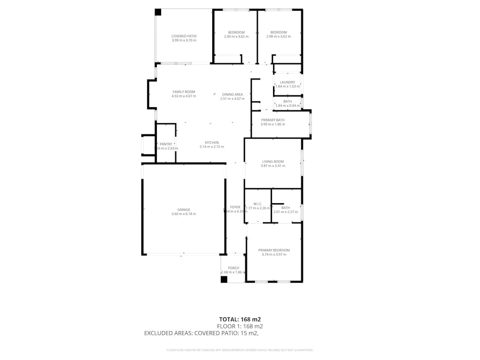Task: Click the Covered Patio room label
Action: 183,36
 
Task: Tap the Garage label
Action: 183,210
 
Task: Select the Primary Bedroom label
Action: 274,250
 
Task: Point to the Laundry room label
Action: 287,82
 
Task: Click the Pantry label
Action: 166,144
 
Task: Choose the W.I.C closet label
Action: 257,204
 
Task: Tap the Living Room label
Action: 273,162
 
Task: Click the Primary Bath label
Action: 273,120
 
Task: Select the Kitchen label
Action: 212,142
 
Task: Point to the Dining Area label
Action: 232,94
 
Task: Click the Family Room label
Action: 183,92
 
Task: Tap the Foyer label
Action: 235,207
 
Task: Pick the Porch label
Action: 233,268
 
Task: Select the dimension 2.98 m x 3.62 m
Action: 278,37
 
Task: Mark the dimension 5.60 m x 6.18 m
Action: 183,214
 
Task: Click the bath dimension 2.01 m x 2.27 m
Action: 285,212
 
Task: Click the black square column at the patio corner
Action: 158,12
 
